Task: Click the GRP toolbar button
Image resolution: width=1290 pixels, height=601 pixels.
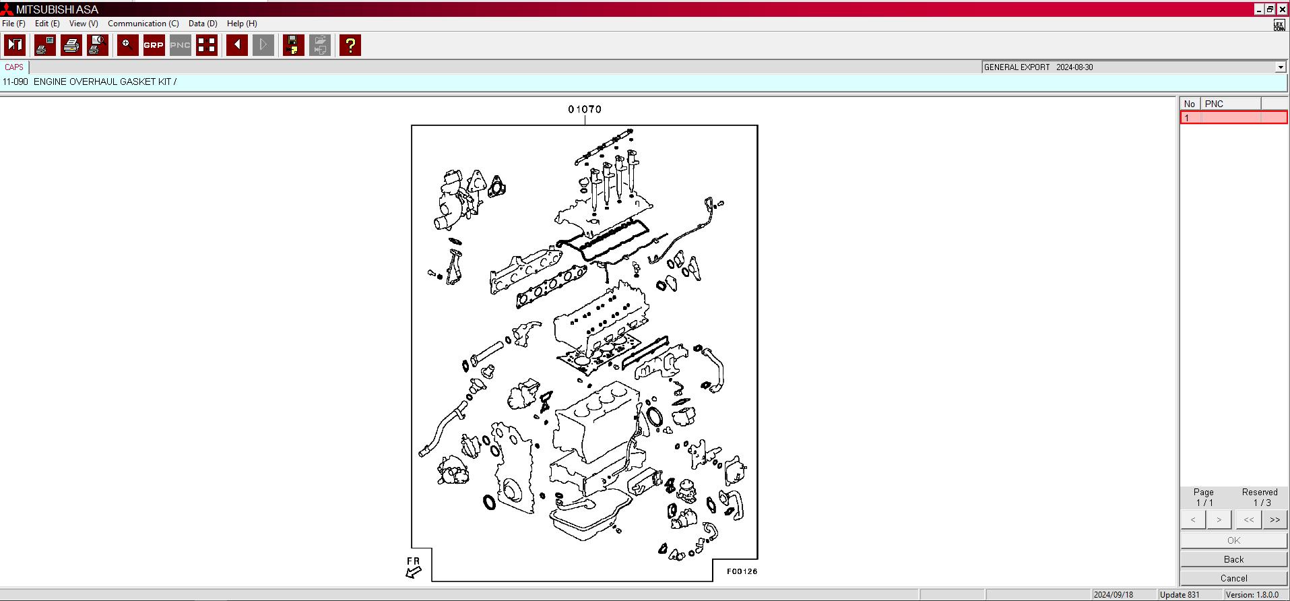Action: [154, 45]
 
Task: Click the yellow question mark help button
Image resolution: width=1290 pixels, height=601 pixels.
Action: [350, 45]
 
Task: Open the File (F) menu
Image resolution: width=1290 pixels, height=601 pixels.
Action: [13, 24]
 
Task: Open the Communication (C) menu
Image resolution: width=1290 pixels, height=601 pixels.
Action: [143, 24]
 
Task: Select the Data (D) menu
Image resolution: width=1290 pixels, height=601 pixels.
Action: [203, 24]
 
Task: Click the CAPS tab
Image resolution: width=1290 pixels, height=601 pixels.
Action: [14, 67]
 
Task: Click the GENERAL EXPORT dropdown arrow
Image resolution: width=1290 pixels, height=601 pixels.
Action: [1280, 67]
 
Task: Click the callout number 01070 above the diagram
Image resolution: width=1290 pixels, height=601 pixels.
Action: [584, 109]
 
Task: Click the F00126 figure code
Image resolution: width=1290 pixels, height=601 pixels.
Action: [742, 571]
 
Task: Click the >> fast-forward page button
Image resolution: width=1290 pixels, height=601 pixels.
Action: [1275, 519]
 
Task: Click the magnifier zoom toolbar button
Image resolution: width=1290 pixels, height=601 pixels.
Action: [127, 45]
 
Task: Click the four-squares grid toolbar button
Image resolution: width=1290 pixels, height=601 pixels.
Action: [207, 45]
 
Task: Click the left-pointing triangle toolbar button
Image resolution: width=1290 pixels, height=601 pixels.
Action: [236, 45]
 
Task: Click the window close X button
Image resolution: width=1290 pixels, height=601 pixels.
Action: [1283, 9]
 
